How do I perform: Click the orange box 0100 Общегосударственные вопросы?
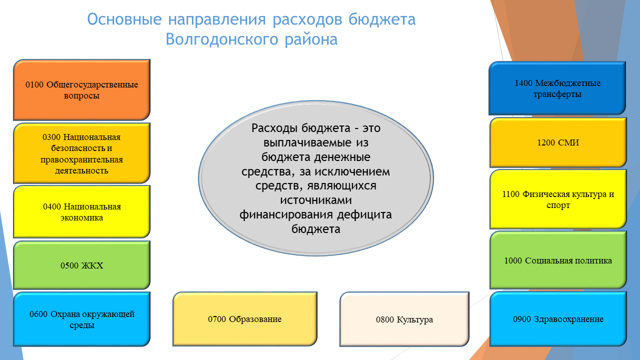[81, 89]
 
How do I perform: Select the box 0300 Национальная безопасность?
[81, 153]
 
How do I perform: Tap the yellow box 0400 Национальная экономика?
[81, 211]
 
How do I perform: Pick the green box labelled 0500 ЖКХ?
[81, 265]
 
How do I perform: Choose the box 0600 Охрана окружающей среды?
[81, 319]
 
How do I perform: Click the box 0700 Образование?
[245, 319]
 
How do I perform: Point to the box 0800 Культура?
[404, 319]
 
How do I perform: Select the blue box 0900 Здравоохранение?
[558, 319]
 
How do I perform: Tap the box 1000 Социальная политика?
[558, 260]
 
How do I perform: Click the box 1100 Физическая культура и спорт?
[558, 199]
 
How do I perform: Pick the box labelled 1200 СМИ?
[558, 142]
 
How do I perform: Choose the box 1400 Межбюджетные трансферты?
[557, 88]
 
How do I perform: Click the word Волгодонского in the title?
[222, 39]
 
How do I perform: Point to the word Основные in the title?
[124, 19]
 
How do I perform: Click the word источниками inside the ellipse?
[315, 199]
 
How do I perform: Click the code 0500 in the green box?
[69, 265]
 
